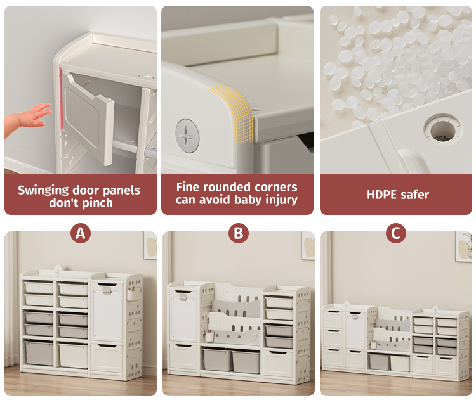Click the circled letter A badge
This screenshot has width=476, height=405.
[81, 233]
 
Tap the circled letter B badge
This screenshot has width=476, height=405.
[239, 233]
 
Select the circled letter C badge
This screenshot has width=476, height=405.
[396, 233]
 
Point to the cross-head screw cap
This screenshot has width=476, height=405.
[187, 136]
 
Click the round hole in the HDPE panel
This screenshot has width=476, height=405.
[443, 129]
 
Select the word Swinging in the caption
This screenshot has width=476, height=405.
[43, 190]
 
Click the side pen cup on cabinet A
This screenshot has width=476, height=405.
[133, 293]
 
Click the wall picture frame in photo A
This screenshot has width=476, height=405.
[150, 245]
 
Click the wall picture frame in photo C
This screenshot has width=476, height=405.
[463, 247]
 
